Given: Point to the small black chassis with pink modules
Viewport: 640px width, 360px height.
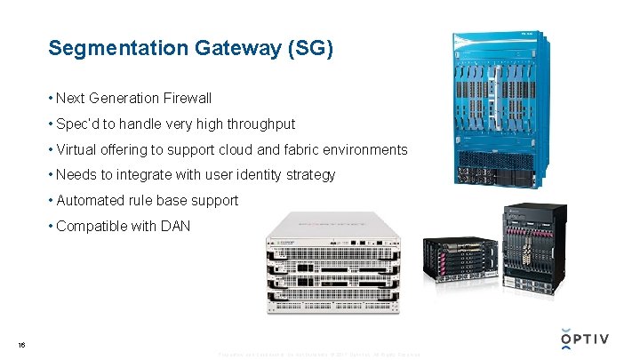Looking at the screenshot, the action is (x=457, y=258).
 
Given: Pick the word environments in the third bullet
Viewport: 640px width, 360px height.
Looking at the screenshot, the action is (x=366, y=149).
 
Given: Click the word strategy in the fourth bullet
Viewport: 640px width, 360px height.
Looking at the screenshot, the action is (x=308, y=175).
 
